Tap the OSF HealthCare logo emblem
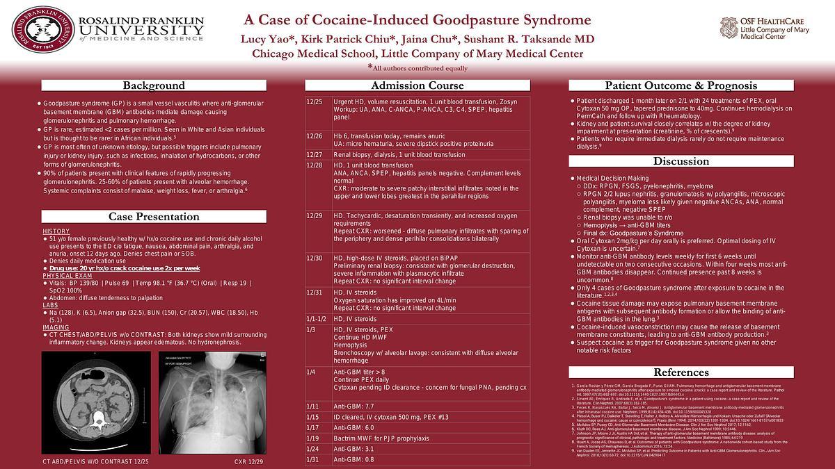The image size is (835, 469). (729, 28)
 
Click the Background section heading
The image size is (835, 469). (154, 85)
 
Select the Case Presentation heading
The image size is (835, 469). (154, 217)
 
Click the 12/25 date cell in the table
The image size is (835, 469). (315, 102)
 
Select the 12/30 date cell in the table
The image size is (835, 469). (315, 258)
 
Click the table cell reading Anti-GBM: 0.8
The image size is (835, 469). (353, 460)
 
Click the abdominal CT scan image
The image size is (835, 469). (95, 400)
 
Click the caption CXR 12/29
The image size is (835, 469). (246, 461)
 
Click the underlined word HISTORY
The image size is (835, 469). (56, 231)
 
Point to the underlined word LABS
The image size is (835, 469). (50, 304)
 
